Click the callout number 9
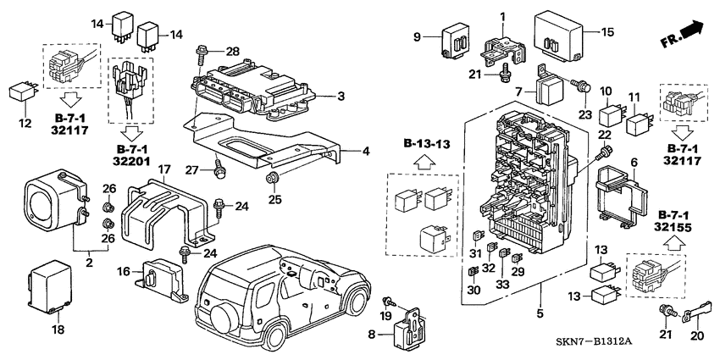pyautogui.click(x=418, y=36)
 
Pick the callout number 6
pyautogui.click(x=634, y=162)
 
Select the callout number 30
pyautogui.click(x=474, y=290)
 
